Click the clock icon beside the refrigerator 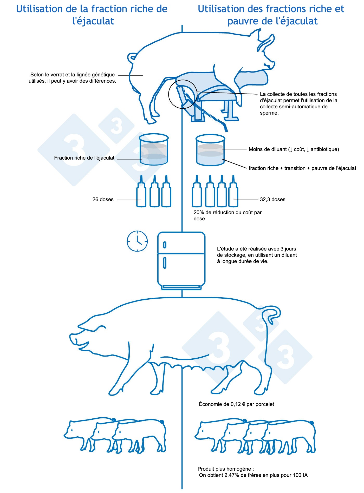coord(137,241)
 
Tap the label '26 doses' coord(103,200)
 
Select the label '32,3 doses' coord(272,200)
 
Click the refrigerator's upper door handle coord(165,245)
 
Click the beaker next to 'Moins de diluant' coord(210,150)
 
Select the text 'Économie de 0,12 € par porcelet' coord(236,404)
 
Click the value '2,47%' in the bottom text coord(229,475)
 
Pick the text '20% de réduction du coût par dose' coord(227,215)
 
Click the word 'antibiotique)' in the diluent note coord(325,149)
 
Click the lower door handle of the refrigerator coord(165,262)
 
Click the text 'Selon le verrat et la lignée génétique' coord(73,75)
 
